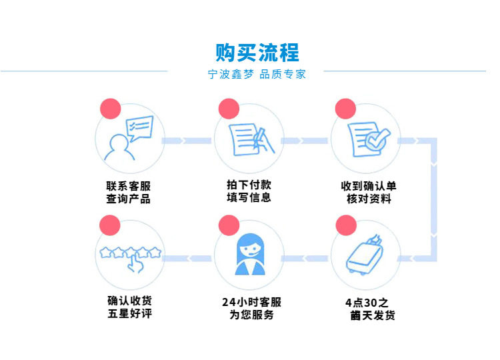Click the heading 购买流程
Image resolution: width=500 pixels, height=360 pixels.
[x=257, y=52]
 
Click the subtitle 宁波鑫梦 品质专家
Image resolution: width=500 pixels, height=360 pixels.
[x=257, y=75]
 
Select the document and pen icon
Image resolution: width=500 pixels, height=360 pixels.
[x=247, y=139]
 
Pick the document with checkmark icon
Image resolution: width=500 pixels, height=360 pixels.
[x=365, y=139]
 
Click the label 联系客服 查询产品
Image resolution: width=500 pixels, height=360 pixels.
[x=128, y=192]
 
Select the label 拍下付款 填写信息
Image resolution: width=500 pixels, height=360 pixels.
[x=248, y=191]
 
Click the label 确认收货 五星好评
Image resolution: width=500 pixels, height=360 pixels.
[x=129, y=307]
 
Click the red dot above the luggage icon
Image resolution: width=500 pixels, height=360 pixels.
[x=346, y=225]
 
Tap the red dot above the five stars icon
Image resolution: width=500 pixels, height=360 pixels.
[x=109, y=225]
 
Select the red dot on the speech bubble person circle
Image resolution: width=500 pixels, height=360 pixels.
[x=110, y=109]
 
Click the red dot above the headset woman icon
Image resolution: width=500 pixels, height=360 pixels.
[x=228, y=225]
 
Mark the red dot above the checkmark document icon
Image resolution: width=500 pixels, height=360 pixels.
[x=345, y=109]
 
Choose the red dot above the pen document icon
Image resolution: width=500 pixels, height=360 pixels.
[x=228, y=109]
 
